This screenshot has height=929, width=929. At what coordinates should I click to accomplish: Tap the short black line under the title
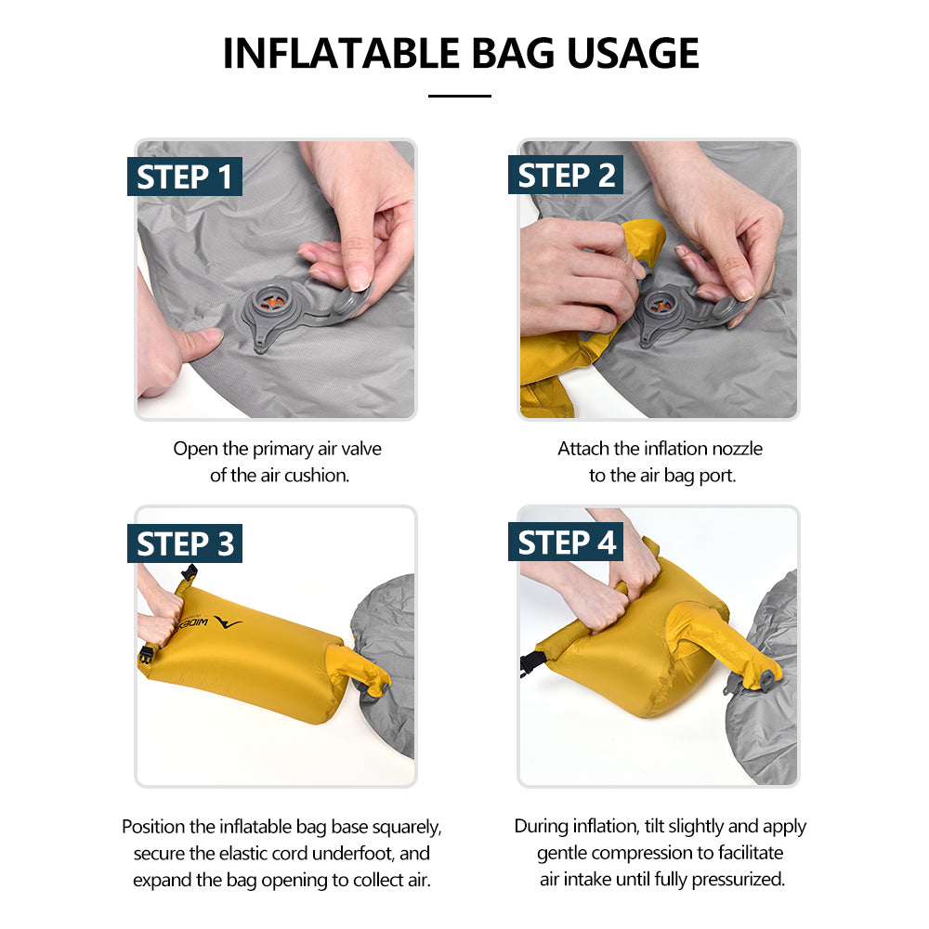click(x=459, y=96)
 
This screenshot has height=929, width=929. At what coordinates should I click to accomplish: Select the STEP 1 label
click(x=185, y=177)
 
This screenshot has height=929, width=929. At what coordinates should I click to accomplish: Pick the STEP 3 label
click(x=185, y=543)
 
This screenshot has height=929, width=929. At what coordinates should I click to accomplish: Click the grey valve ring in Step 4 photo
click(x=765, y=681)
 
